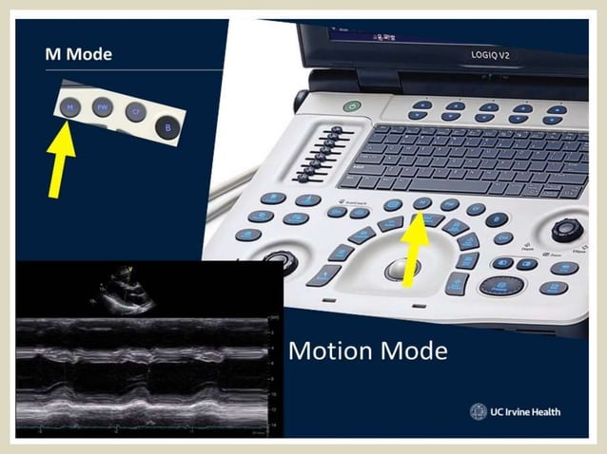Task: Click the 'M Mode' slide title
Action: tap(79, 54)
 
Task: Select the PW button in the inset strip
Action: tap(102, 109)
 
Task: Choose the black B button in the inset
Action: tap(168, 126)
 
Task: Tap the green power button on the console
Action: tap(354, 107)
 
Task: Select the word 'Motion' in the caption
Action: tap(333, 351)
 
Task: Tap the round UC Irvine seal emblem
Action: tap(479, 411)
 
